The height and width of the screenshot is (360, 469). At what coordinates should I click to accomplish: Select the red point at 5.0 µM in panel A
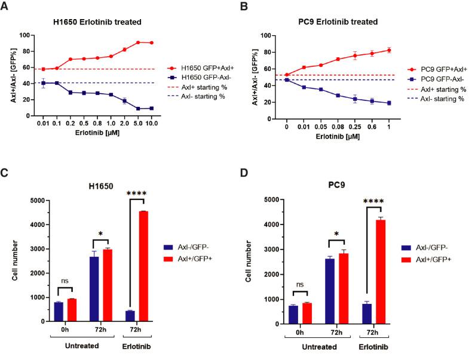(138, 42)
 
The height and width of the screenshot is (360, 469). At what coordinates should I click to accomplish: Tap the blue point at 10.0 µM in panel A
(152, 108)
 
